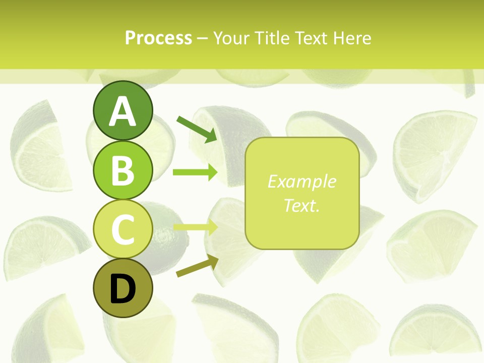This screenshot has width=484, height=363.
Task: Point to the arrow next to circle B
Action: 195,172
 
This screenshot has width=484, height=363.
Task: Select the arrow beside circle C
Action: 195,227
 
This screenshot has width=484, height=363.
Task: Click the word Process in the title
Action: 158,38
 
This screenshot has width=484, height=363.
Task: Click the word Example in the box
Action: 301,181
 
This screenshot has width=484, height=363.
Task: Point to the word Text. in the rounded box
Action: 301,206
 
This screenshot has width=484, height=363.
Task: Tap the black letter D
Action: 123,289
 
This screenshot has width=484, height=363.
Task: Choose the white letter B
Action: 123,170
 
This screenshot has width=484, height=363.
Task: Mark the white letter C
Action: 123,229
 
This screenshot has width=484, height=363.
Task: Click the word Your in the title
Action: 230,38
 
